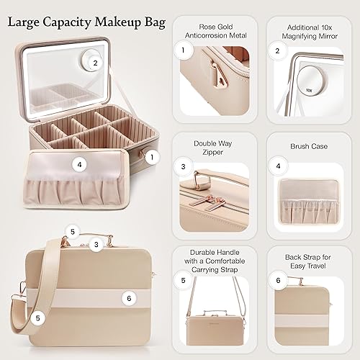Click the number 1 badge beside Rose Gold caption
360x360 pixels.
point(184,50)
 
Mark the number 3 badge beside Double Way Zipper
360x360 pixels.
point(184,167)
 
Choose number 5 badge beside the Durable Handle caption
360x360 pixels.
point(184,279)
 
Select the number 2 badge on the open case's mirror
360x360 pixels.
point(94,63)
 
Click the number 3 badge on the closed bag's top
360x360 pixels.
point(94,245)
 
